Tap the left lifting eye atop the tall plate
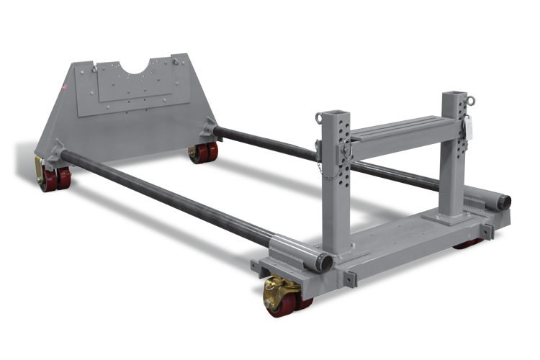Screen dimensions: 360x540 [94, 69]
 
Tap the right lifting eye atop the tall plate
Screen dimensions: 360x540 [175, 63]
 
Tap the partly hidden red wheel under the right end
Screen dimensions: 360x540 [467, 243]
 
